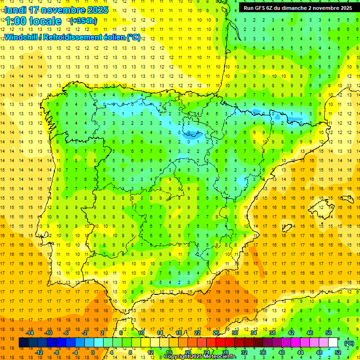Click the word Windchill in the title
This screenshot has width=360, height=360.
[20, 37]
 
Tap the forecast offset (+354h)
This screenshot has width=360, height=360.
[83, 21]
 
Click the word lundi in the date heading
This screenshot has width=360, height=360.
[15, 10]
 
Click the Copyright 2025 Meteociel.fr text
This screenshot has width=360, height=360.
[199, 357]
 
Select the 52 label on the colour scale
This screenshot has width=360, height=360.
[337, 352]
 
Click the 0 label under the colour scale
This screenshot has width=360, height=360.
[93, 352]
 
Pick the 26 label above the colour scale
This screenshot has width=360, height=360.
[216, 333]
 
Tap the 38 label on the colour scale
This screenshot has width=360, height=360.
[272, 333]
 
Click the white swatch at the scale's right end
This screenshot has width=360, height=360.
[333, 343]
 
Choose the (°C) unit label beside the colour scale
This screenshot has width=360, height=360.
[348, 343]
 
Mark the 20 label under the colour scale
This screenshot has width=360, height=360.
[187, 352]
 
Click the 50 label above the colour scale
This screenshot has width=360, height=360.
[329, 333]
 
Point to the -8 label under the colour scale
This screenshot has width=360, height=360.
[56, 352]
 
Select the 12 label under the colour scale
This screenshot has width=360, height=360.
[150, 352]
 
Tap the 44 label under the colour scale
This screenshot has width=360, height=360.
[300, 352]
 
